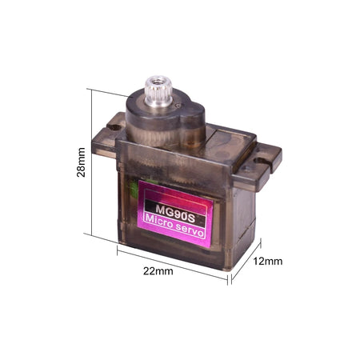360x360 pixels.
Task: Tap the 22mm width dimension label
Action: pyautogui.click(x=158, y=271)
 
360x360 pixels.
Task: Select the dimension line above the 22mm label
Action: pyautogui.click(x=173, y=261)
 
